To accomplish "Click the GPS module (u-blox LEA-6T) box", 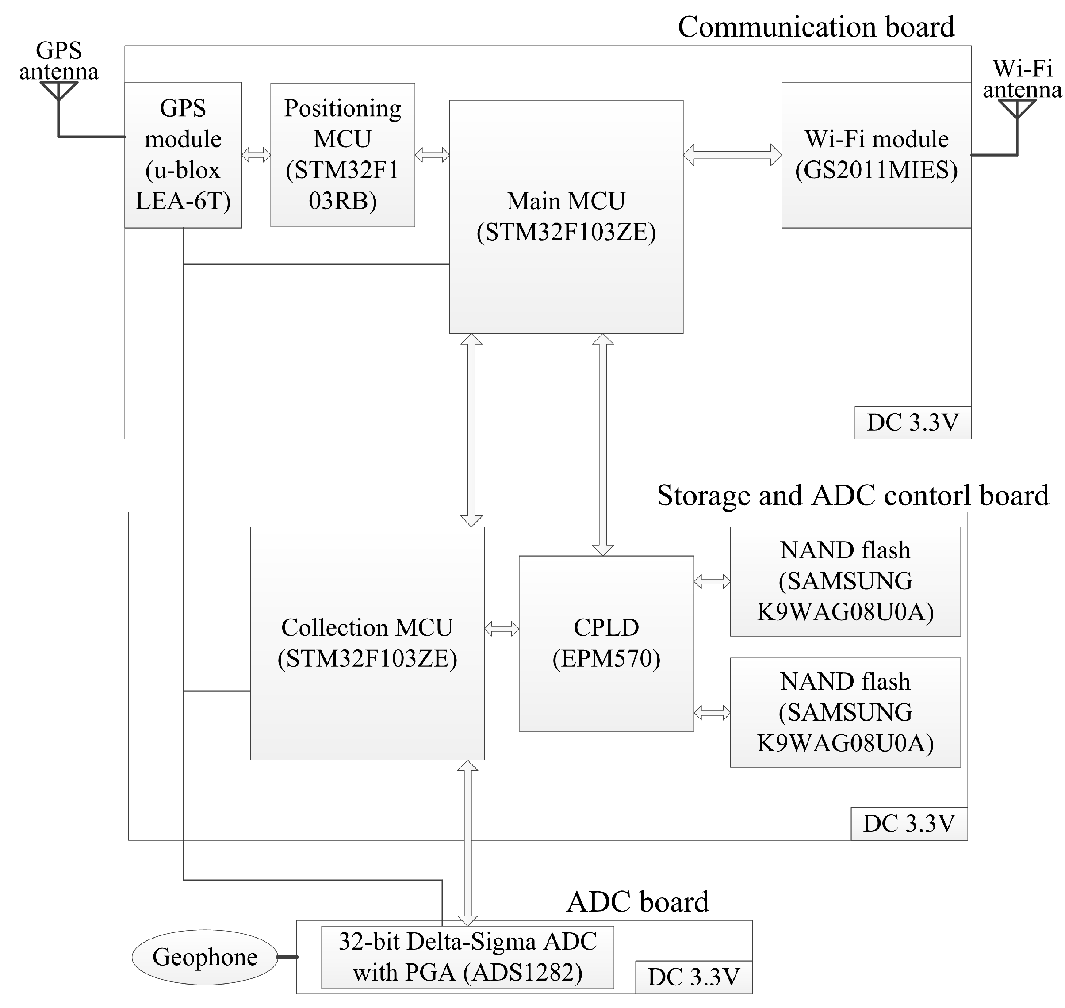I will (x=183, y=155).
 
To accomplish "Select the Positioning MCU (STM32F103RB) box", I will (x=342, y=155).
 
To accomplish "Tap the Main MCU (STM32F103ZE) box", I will (x=566, y=217).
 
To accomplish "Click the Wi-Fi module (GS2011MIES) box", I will (x=876, y=155).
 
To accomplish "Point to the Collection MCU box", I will (x=367, y=643).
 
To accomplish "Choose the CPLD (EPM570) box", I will (x=606, y=643).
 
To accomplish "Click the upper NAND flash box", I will (x=845, y=581).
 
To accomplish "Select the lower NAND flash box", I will (x=845, y=713).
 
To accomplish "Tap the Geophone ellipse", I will (x=205, y=957).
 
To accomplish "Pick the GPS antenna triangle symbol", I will (x=58, y=90).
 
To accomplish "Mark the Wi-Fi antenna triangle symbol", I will (x=1017, y=108).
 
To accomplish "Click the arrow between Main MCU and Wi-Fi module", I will (x=732, y=155).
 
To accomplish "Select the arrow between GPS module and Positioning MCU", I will (x=256, y=155).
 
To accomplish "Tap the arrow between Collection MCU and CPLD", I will (x=502, y=629).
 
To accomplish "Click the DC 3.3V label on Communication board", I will (x=912, y=423).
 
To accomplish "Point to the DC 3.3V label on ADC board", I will (x=693, y=977).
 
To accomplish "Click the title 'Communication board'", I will (x=816, y=27).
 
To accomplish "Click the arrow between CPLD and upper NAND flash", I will (x=712, y=581).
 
